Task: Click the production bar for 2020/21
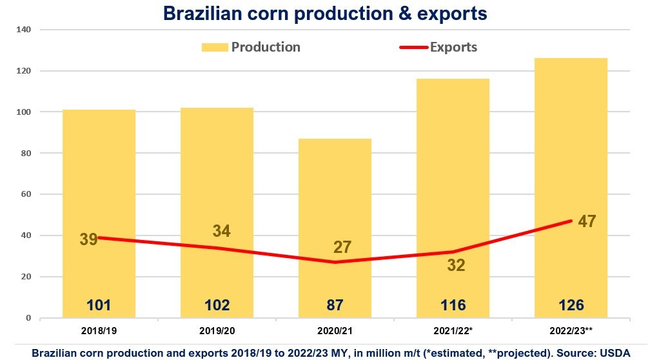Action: [x=335, y=194]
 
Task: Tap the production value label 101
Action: [x=99, y=305]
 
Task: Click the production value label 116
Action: [x=453, y=305]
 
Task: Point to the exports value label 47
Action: [x=587, y=221]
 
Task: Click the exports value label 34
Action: [x=221, y=230]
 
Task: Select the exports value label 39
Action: [x=88, y=239]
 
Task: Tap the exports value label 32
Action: [x=456, y=265]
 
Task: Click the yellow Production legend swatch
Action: [x=215, y=47]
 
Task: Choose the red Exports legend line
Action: [x=409, y=47]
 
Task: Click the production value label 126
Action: [x=571, y=305]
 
